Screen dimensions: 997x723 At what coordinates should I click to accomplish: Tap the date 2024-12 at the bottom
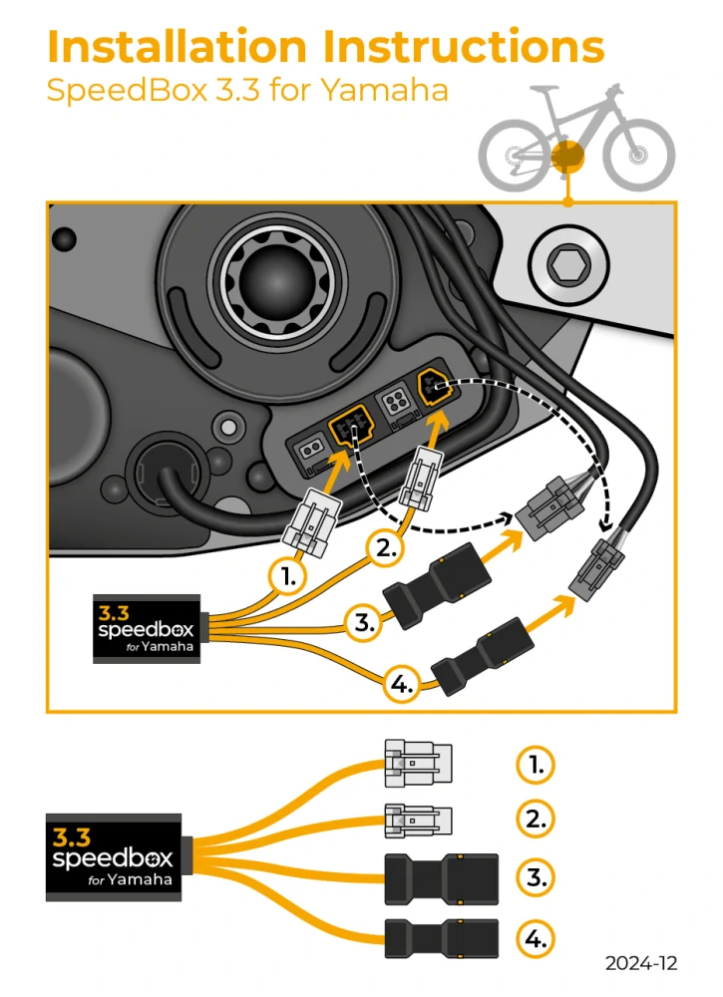click(641, 963)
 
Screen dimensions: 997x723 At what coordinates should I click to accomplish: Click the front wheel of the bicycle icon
click(639, 157)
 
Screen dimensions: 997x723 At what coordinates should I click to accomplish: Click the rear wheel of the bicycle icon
click(515, 157)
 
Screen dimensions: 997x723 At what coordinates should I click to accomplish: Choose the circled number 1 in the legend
click(536, 765)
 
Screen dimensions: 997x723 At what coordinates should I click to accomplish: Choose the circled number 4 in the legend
click(536, 938)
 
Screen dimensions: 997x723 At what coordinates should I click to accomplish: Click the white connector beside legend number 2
click(418, 820)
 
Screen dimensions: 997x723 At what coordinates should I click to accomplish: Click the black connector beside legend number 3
click(441, 878)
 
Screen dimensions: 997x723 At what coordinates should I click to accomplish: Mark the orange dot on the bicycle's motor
click(566, 156)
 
